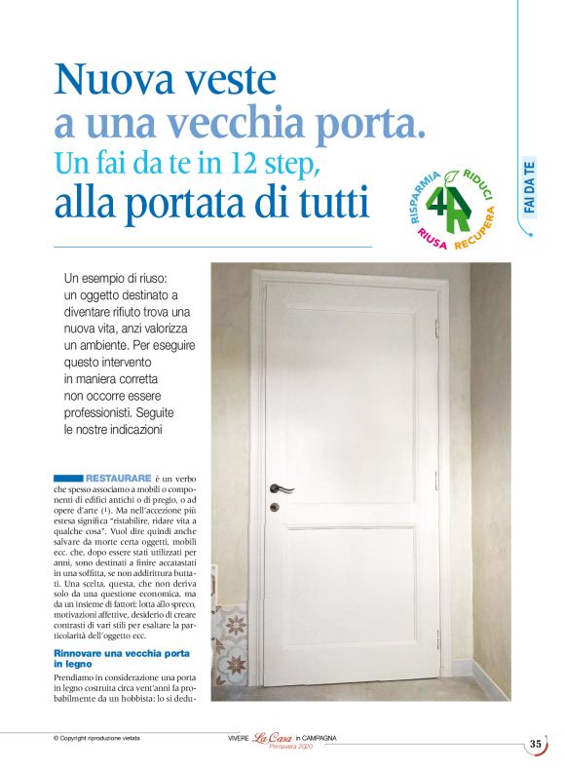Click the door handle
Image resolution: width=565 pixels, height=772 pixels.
(282, 486)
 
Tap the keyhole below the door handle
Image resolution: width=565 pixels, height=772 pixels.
(275, 508)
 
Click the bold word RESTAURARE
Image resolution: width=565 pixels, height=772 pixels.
(118, 479)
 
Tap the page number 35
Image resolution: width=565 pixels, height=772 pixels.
(535, 744)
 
